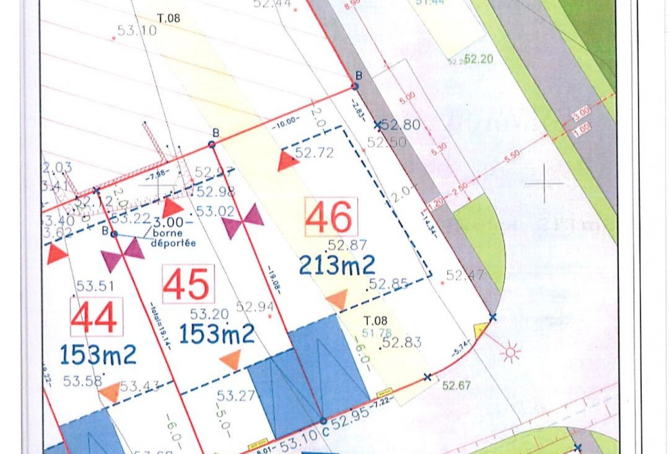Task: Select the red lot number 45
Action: click(188, 284)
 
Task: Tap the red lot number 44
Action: click(96, 317)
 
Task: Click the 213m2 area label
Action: click(337, 265)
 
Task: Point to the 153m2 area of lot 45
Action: click(217, 333)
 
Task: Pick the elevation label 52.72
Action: click(314, 152)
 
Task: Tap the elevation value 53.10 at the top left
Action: click(137, 31)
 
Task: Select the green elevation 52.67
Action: click(456, 385)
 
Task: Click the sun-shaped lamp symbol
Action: click(510, 353)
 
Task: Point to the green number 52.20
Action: click(478, 59)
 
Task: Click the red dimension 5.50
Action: click(512, 156)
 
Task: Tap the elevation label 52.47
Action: click(464, 275)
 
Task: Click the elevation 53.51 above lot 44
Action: click(95, 286)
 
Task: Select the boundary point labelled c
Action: click(324, 421)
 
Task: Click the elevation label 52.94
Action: click(255, 306)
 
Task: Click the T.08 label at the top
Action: click(169, 18)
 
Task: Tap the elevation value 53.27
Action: click(236, 396)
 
